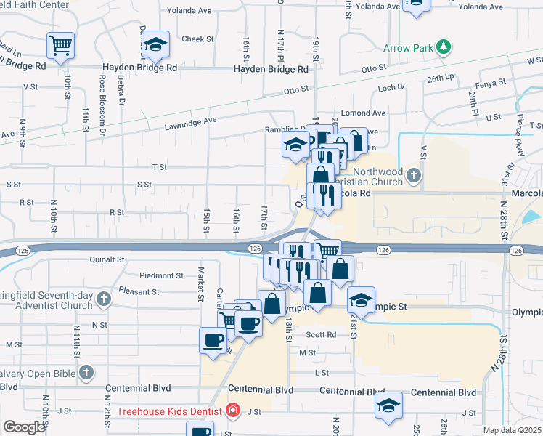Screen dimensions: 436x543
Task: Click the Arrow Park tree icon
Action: [444, 49]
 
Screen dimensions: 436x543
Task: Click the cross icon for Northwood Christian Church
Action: [413, 174]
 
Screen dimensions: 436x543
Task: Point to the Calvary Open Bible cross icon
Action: [86, 374]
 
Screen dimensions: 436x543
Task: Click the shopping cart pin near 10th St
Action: [60, 44]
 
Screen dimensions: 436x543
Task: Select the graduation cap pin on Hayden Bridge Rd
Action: [155, 44]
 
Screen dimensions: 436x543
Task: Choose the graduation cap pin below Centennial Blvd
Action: [389, 405]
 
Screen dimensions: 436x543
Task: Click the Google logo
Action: [23, 427]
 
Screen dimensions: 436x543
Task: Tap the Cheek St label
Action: [197, 39]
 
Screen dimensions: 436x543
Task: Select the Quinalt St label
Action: [107, 259]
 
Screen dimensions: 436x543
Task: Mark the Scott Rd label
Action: [321, 335]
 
